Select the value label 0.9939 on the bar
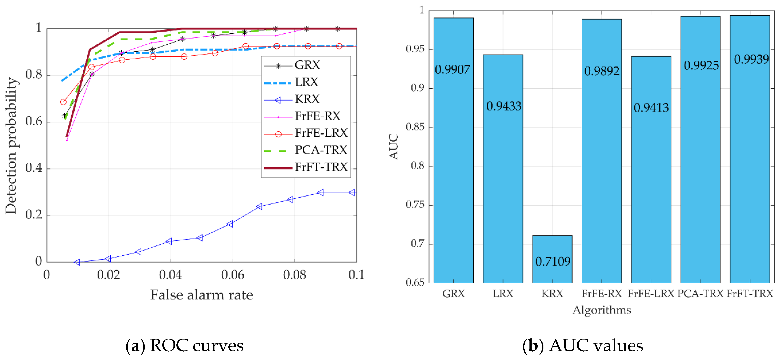click(751, 59)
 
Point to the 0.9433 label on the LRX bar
click(503, 106)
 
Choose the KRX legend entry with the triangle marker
click(307, 99)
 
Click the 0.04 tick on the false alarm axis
click(170, 275)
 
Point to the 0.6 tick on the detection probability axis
click(34, 121)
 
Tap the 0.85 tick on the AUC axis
click(415, 127)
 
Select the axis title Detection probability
click(11, 146)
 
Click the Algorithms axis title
click(602, 310)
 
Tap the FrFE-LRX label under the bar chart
click(651, 293)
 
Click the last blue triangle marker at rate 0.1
click(352, 192)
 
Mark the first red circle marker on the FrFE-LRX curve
click(63, 102)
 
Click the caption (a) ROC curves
click(184, 345)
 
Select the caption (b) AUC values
click(583, 345)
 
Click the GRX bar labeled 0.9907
click(453, 151)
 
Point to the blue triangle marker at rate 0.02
click(108, 259)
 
